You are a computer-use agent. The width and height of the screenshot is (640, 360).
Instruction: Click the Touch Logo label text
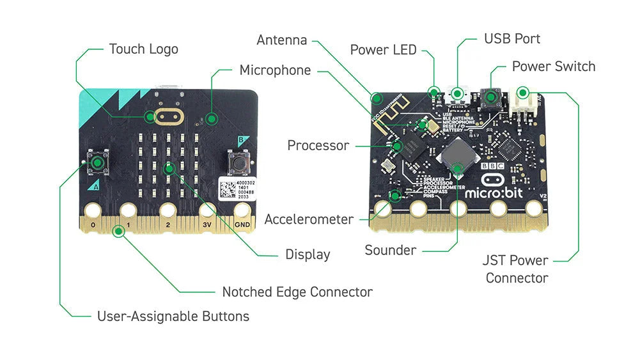coord(143,49)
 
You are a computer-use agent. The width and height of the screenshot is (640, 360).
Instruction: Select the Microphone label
coord(275,70)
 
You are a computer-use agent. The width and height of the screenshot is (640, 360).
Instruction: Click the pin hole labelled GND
coord(242,210)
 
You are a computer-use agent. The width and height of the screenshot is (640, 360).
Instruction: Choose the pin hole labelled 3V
coord(206,210)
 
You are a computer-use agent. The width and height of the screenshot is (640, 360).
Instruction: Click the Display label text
coord(308,254)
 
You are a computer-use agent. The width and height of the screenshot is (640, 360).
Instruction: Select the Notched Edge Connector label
coord(297,292)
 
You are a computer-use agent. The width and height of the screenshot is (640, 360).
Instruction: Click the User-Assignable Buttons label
coord(173,316)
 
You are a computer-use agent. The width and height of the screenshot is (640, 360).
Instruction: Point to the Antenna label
coord(281,40)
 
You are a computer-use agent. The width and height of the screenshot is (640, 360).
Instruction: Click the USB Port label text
coord(511,39)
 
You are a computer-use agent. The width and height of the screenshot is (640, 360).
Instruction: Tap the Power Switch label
coord(553,67)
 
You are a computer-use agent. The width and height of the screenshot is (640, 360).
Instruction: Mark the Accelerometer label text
coord(309,219)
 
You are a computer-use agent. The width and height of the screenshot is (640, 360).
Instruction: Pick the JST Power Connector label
coord(516,269)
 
